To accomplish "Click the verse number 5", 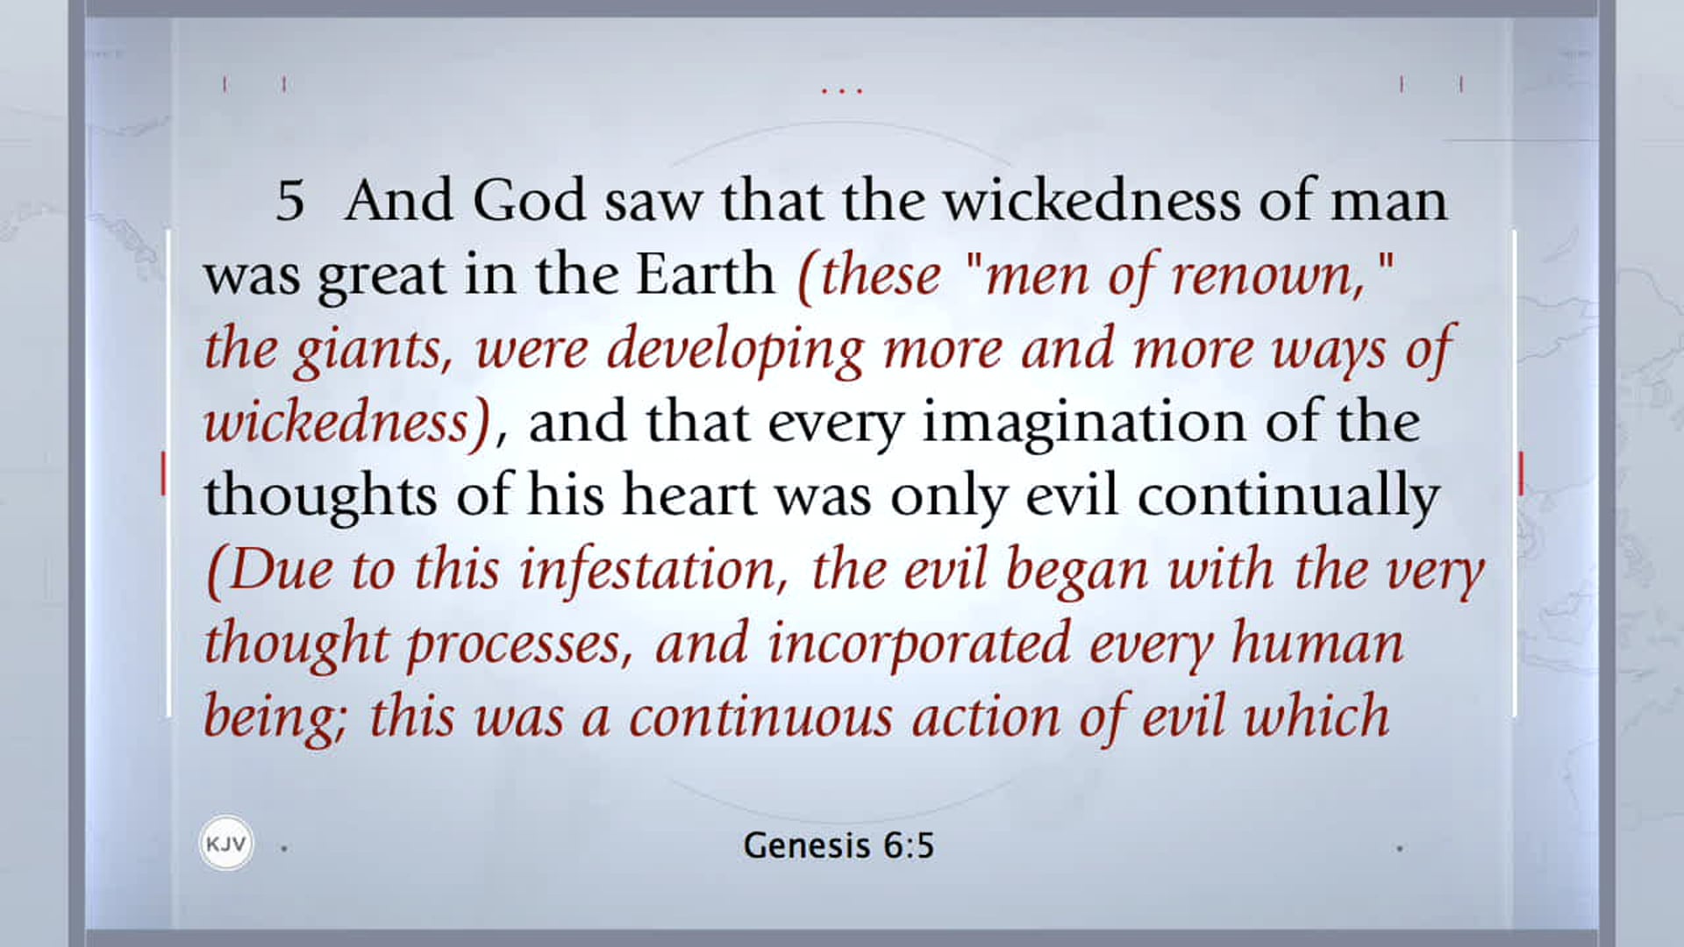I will pos(289,201).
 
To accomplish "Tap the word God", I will pos(529,201).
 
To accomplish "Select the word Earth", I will pos(705,274).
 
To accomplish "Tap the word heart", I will pos(689,495).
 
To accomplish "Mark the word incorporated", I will pos(919,644).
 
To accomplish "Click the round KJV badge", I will pos(225,844).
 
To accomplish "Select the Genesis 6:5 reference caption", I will pos(838,846).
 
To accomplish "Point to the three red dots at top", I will pos(842,90).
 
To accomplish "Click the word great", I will pos(382,276).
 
